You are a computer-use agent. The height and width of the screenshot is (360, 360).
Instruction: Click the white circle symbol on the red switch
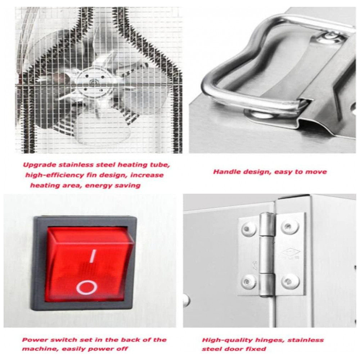tap(86, 287)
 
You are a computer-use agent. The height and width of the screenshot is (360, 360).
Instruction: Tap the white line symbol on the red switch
tap(93, 256)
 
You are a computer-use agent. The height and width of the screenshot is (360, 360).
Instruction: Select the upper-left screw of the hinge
tap(248, 229)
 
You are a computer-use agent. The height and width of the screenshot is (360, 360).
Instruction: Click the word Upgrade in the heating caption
tap(40, 165)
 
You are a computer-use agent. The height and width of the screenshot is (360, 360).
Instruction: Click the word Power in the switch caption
tap(34, 340)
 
